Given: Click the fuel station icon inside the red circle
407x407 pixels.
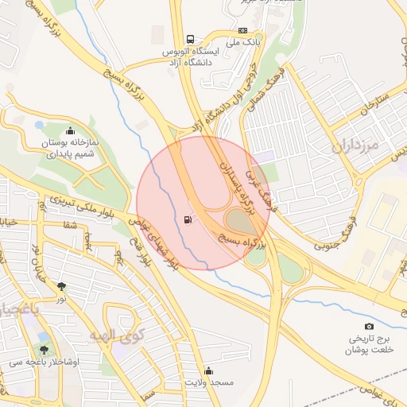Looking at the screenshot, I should click(x=187, y=219).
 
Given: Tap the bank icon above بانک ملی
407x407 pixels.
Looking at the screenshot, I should click(x=242, y=31).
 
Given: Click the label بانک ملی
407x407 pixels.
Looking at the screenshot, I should click(x=244, y=41).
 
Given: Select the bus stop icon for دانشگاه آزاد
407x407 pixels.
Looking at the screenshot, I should click(x=190, y=38).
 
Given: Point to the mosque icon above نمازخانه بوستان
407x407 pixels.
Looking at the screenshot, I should click(x=70, y=131).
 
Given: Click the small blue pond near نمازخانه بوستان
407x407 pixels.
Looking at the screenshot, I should click(x=39, y=125).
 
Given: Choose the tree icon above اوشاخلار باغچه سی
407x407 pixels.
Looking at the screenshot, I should click(x=45, y=349).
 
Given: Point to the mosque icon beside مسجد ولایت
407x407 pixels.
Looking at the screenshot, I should click(x=208, y=370).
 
